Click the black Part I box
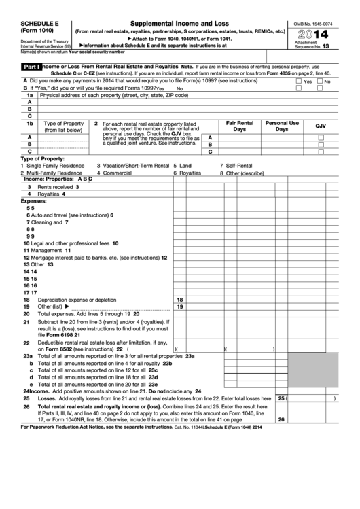click(32, 67)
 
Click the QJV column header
click(321, 126)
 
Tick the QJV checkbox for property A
click(321, 137)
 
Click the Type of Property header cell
click(63, 126)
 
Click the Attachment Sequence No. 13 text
click(318, 45)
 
